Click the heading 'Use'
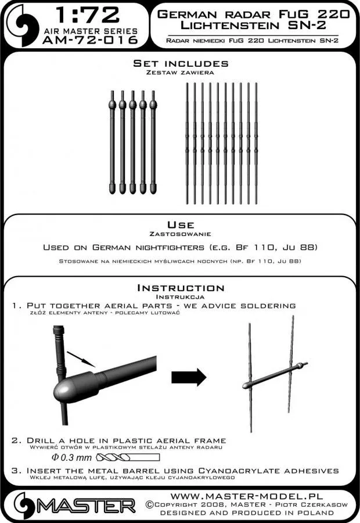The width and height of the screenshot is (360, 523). click(180, 224)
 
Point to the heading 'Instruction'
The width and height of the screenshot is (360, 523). click(180, 288)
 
